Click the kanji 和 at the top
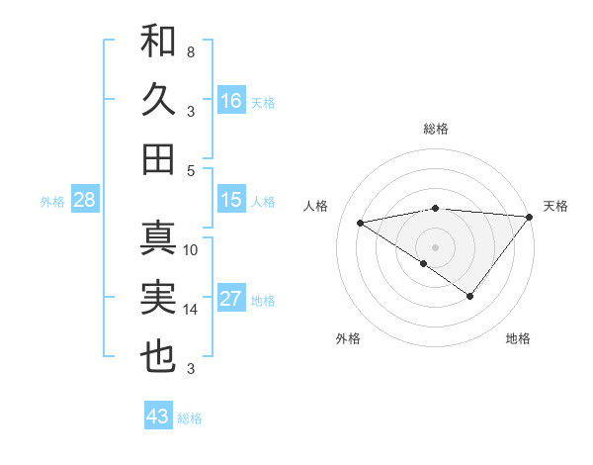coord(158,43)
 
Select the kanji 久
coord(158,101)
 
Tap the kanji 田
coord(158,158)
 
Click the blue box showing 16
coord(231,100)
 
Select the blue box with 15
coord(231,200)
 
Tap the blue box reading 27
coord(231,299)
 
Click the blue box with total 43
coord(157,417)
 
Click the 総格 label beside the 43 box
coord(190,418)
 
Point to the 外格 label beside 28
coord(52,202)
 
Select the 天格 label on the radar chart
coord(555,206)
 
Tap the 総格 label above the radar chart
coord(435,129)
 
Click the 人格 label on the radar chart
coord(316,206)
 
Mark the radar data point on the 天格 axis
coord(530,216)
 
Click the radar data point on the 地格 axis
coord(470,296)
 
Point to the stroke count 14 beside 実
coord(191,310)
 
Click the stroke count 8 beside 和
coord(191,51)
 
